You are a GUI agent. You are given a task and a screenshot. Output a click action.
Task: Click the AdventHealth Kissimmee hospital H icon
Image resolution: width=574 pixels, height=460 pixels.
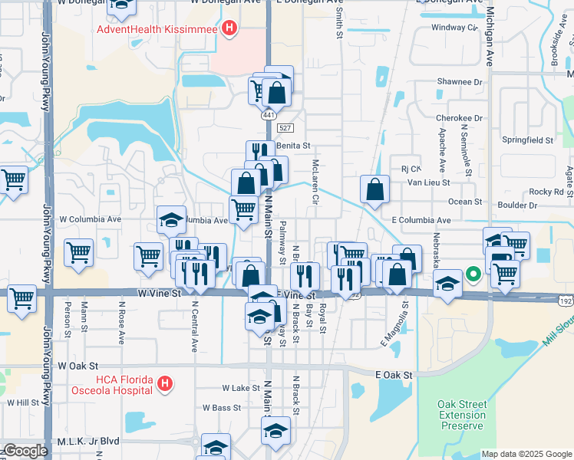coord(228,29)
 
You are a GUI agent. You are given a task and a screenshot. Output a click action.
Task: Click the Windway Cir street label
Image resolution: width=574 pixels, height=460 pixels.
coord(454,27)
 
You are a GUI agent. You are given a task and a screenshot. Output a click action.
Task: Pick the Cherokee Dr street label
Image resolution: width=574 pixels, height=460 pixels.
coord(459,119)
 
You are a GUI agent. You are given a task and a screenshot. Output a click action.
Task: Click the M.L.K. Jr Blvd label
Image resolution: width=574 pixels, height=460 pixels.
coord(89,441)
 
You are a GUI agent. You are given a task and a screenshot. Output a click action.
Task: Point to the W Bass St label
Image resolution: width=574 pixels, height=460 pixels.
coord(222,408)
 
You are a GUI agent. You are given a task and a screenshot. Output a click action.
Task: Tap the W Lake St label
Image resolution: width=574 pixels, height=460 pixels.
coord(241,389)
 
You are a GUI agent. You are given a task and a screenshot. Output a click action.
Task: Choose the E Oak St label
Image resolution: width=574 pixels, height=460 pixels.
coord(394,375)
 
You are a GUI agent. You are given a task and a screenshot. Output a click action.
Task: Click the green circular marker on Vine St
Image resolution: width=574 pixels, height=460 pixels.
coord(474,273)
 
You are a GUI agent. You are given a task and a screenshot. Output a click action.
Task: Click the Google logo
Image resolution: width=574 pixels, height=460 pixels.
coord(25,451)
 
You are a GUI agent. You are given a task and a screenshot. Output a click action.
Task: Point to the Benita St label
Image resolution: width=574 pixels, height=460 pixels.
coord(292,145)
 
